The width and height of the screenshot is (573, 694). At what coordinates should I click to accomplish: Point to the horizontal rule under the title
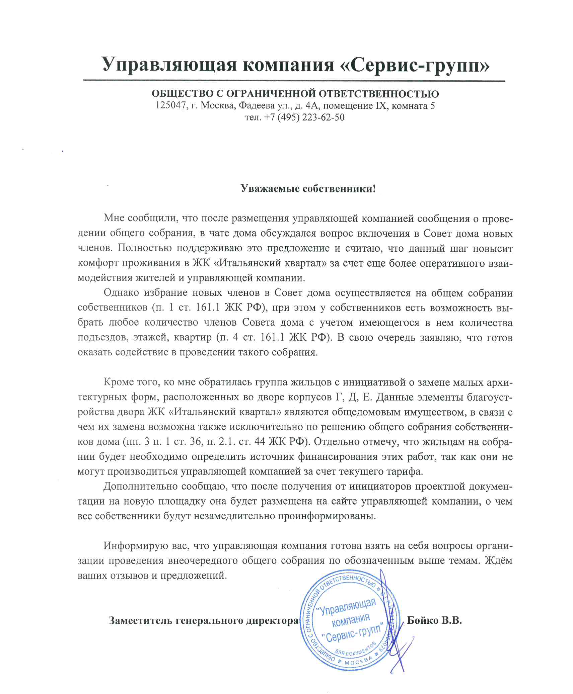(x=294, y=81)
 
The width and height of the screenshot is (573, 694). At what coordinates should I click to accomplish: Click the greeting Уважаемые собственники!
(x=308, y=189)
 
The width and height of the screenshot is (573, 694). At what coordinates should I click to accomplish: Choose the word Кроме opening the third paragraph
(x=119, y=382)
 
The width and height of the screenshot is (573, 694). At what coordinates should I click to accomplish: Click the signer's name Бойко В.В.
(x=434, y=621)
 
